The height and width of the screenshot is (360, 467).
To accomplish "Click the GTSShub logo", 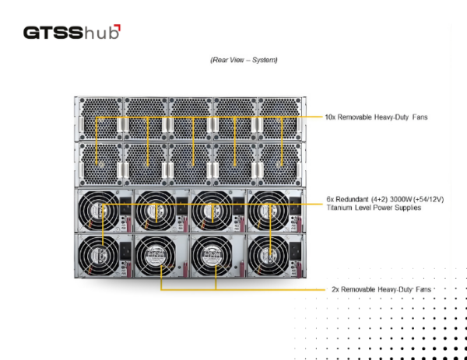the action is point(72,32).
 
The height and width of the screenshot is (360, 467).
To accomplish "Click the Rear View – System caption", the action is point(244,60).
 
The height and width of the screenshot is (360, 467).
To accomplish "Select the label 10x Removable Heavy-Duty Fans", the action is point(376,117).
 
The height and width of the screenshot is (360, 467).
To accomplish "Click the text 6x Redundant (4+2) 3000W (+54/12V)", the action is point(385,199).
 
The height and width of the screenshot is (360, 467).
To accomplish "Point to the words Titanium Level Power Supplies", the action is point(374,208).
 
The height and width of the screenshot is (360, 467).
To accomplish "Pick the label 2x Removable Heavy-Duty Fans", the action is point(381,289).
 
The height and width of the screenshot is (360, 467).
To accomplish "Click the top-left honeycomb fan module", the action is point(100,119).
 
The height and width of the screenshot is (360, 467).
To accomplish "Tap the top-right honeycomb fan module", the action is point(279,119).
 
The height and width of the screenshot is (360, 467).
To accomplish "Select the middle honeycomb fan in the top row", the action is point(191,119).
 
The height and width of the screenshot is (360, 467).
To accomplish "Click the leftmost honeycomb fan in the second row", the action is point(100,164).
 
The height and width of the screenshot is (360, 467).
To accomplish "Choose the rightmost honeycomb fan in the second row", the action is point(279,164).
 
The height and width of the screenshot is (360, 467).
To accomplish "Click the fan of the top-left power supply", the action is point(99,211).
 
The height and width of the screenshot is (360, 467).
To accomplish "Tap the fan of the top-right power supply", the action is point(269,211).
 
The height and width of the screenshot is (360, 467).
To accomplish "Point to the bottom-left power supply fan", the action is point(99,256).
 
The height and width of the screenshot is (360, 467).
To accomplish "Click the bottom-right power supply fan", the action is point(269,256).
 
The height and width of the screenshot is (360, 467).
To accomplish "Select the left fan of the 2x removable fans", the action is point(156,256).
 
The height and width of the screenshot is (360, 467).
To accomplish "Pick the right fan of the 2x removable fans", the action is point(212,256).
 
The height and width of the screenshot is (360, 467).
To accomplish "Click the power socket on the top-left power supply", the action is point(125,206).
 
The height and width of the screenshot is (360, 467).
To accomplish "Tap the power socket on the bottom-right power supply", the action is point(296,250).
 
